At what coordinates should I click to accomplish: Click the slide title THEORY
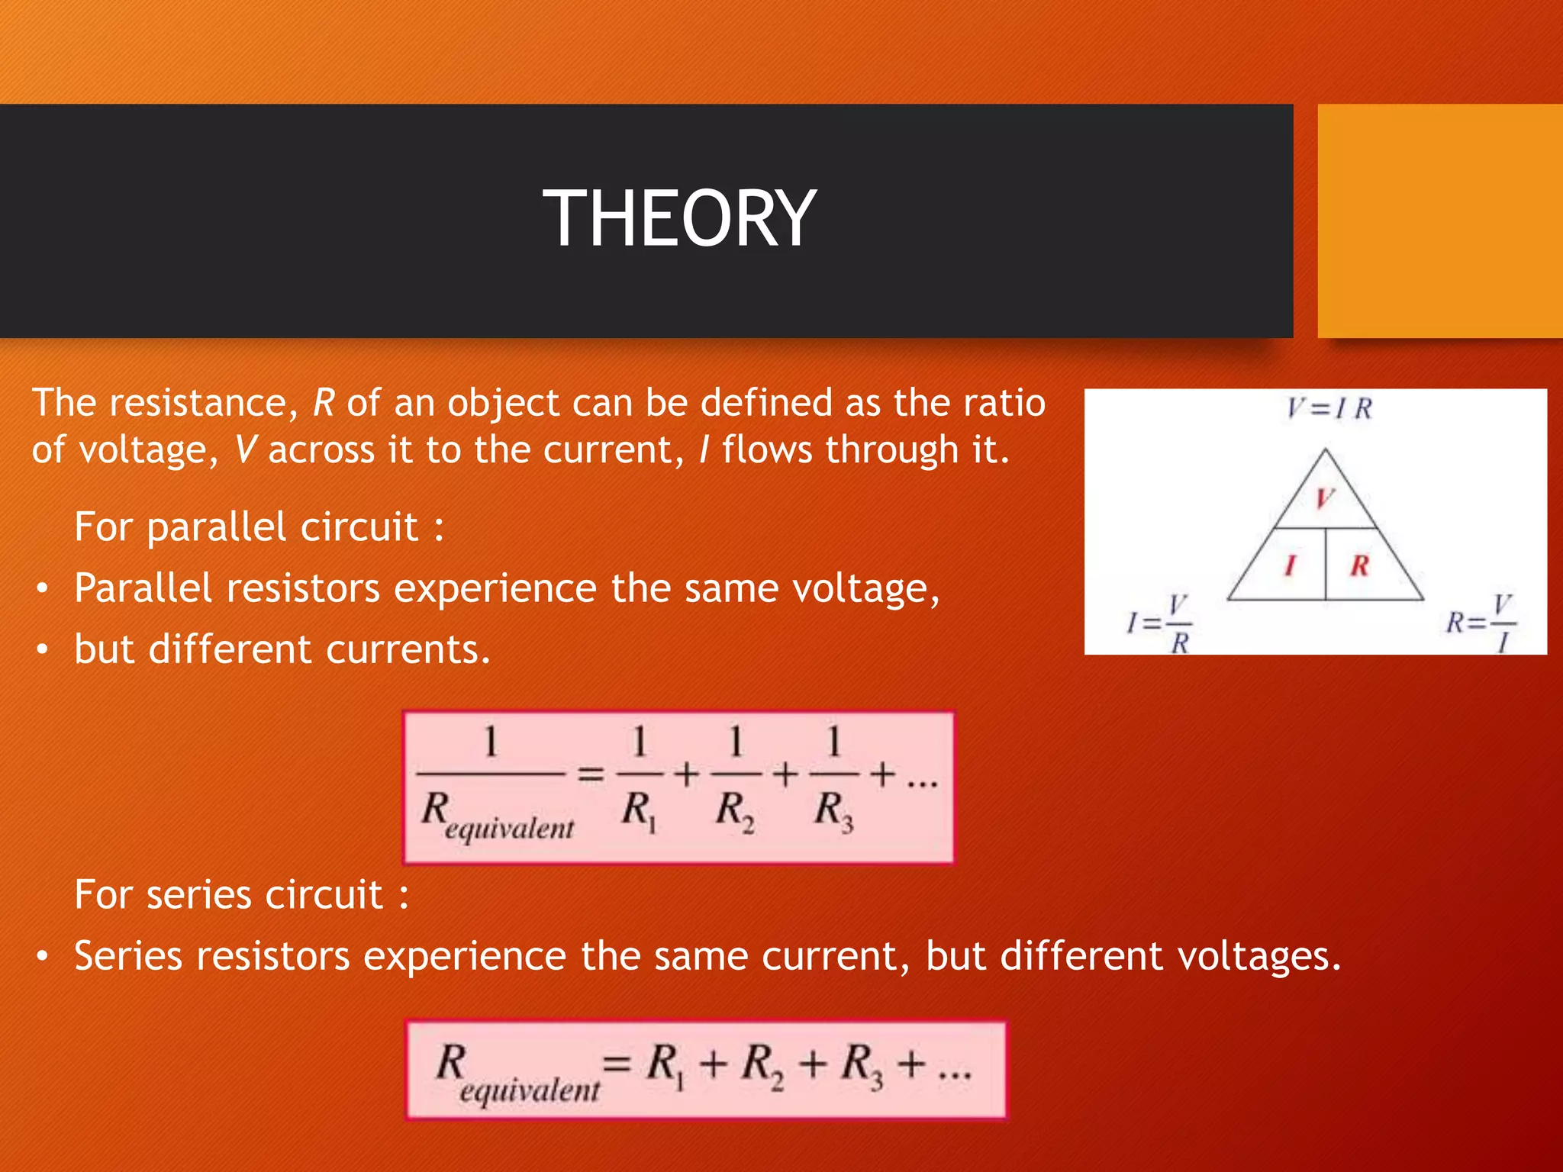pyautogui.click(x=679, y=219)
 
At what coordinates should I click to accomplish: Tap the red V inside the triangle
pyautogui.click(x=1324, y=498)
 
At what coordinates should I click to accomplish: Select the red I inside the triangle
pyautogui.click(x=1290, y=565)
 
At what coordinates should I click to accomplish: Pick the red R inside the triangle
pyautogui.click(x=1359, y=565)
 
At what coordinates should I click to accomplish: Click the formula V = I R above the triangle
pyautogui.click(x=1329, y=408)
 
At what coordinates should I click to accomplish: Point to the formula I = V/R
pyautogui.click(x=1160, y=624)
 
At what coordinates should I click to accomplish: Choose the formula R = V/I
pyautogui.click(x=1481, y=624)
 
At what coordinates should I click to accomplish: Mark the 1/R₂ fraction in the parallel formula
pyautogui.click(x=736, y=777)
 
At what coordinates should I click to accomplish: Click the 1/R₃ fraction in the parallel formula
pyautogui.click(x=833, y=777)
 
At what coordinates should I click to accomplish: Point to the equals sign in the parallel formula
pyautogui.click(x=590, y=775)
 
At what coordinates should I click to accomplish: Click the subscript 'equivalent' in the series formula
pyautogui.click(x=530, y=1090)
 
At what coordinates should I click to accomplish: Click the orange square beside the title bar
pyautogui.click(x=1439, y=221)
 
